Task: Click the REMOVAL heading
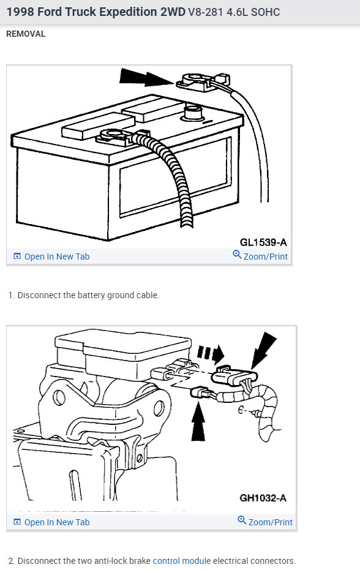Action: coord(26,34)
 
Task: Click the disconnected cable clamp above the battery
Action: coord(199,82)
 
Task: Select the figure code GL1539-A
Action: coord(263,242)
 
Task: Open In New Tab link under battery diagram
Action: coord(56,257)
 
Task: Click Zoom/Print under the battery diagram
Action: coord(265,257)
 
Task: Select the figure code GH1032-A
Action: coord(263,498)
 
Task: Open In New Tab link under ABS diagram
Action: coord(56,522)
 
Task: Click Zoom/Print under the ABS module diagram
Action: coord(270,522)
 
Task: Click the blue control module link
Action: coord(181,561)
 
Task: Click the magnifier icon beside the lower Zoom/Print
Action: coord(242,521)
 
